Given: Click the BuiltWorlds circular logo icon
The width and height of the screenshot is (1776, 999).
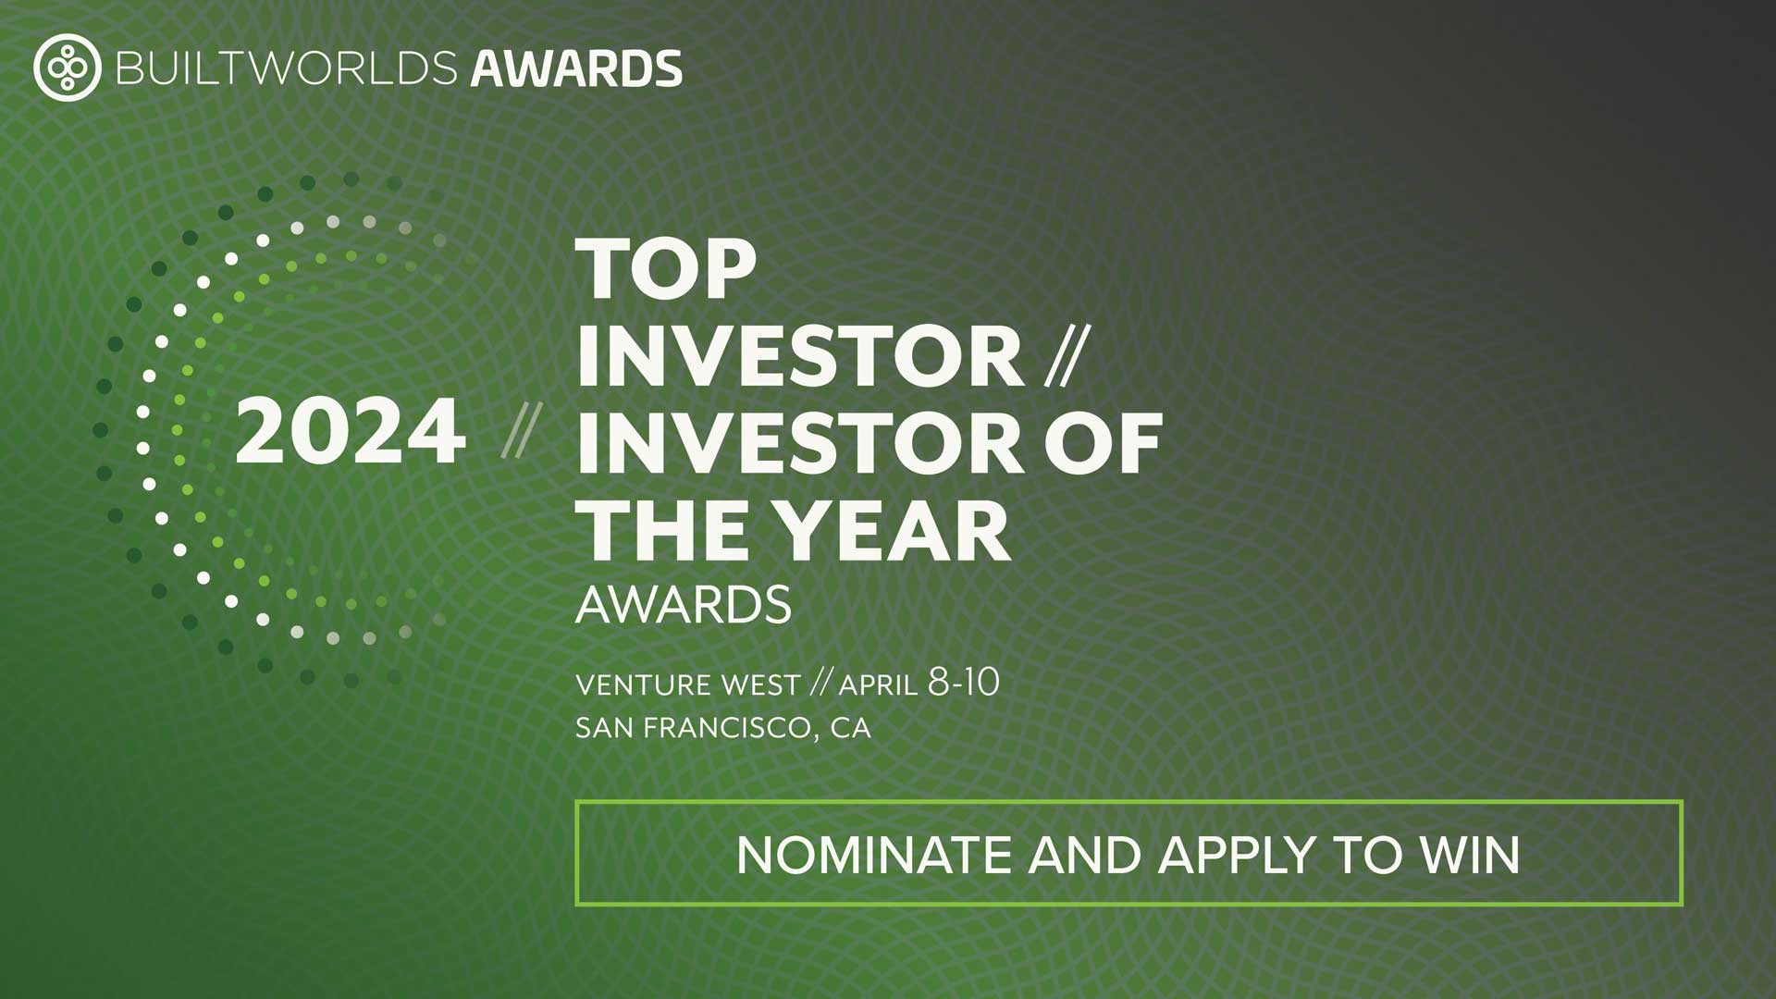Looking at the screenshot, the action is [67, 68].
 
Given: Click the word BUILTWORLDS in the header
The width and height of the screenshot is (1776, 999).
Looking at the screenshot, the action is [287, 68].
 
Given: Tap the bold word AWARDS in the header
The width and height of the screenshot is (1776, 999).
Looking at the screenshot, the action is [576, 68].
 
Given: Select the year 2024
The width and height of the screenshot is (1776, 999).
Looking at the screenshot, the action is [351, 431].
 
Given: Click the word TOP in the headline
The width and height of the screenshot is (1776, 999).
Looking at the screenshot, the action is [666, 268].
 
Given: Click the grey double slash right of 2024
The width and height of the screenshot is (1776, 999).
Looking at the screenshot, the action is [521, 430].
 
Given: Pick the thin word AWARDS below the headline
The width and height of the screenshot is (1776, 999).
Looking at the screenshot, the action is [684, 605].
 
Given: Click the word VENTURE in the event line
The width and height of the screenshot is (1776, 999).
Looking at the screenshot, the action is [642, 685].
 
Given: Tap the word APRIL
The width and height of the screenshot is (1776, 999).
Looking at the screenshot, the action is [878, 685].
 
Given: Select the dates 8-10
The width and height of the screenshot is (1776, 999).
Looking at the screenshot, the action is [963, 683].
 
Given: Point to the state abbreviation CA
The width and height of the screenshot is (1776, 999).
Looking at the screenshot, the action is [851, 728].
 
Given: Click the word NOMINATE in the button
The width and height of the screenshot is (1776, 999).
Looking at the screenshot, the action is [874, 855].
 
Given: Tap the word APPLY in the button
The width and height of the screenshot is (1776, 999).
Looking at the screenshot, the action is [1237, 855].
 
